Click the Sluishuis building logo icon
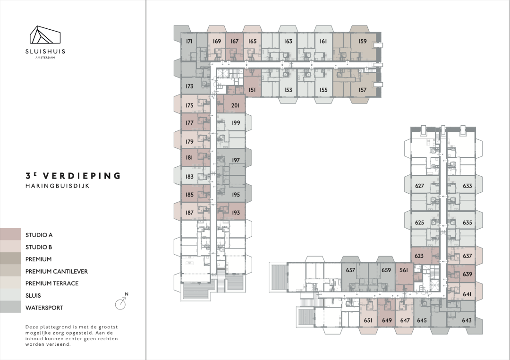[45, 34]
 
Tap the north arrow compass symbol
[121, 303]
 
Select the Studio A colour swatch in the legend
[10, 234]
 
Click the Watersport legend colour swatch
[10, 307]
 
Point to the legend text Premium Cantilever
[57, 272]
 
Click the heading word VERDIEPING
[82, 176]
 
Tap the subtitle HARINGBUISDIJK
[57, 186]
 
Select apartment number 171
[189, 41]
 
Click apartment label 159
[362, 41]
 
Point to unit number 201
[235, 105]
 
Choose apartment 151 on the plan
[252, 90]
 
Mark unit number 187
[189, 213]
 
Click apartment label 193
[236, 213]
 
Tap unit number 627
[420, 186]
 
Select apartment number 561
[404, 270]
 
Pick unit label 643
[467, 320]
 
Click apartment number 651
[368, 320]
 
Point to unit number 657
[350, 270]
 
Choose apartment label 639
[467, 274]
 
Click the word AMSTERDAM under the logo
[45, 58]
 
